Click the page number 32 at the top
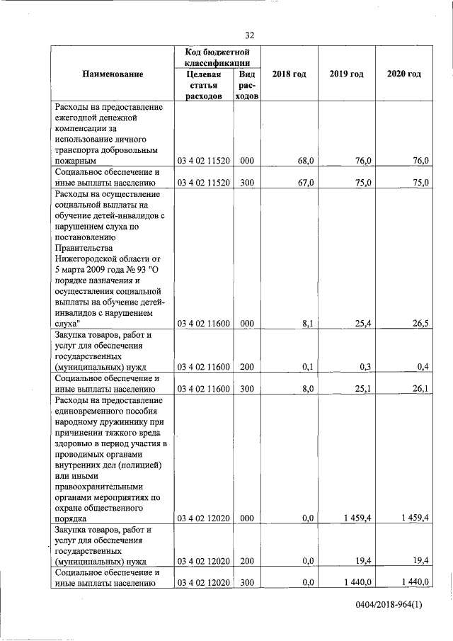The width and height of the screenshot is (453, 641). coord(249,35)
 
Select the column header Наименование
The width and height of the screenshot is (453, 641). coord(113,74)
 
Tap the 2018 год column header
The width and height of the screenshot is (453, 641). coord(289,74)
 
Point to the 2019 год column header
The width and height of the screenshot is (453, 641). coord(346,74)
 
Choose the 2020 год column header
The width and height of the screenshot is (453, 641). coord(403,74)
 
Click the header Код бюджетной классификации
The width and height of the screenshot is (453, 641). coord(217,58)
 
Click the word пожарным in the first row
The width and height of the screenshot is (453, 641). coord(76,161)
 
